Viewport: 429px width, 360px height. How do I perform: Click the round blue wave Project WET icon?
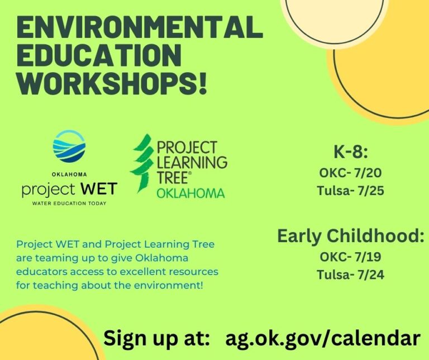tap(69, 146)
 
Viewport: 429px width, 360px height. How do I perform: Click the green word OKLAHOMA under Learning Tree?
tap(190, 193)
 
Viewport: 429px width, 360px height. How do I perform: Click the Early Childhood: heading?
tap(351, 236)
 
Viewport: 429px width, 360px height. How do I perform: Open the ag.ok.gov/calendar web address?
tap(322, 338)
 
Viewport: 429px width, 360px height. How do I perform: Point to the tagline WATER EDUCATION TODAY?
tap(69, 203)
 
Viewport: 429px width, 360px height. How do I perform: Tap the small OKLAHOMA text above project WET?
tap(69, 174)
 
